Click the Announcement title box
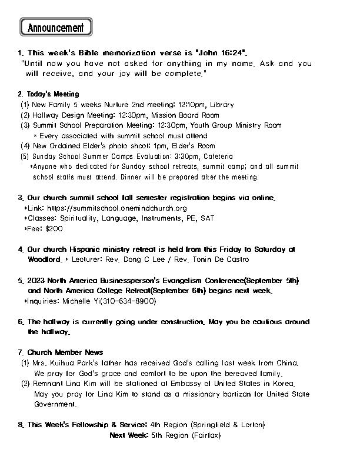pos(56,27)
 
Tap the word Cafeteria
pos(218,157)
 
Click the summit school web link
pos(116,208)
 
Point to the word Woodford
pos(44,259)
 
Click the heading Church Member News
pos(65,352)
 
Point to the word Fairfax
pos(205,435)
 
